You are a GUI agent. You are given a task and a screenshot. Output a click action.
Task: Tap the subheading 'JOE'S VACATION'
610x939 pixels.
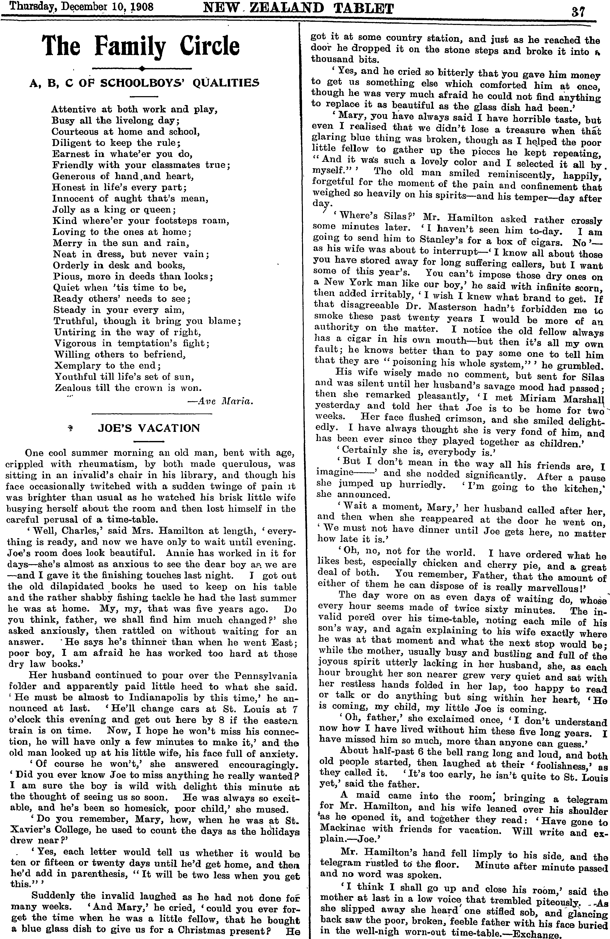[149, 428]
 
